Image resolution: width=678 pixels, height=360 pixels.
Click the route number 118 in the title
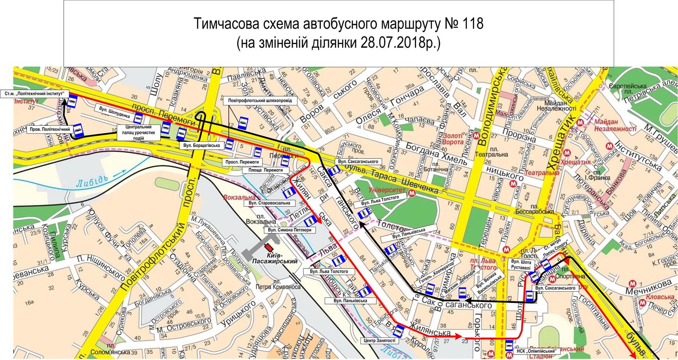coord(471,24)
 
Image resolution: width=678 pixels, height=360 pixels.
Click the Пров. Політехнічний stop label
coord(50,129)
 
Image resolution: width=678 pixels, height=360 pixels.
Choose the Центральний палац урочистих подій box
coord(139,133)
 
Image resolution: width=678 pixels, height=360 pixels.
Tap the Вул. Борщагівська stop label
coord(201,145)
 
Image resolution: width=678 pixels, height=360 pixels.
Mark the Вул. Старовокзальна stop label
coord(270,203)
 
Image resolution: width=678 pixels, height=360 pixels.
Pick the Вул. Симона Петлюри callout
coord(290,230)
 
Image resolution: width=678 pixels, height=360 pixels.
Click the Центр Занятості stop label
coord(380,340)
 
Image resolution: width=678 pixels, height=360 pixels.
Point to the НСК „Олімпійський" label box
coord(536,351)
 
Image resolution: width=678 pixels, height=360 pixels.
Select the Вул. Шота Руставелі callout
coord(521,265)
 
